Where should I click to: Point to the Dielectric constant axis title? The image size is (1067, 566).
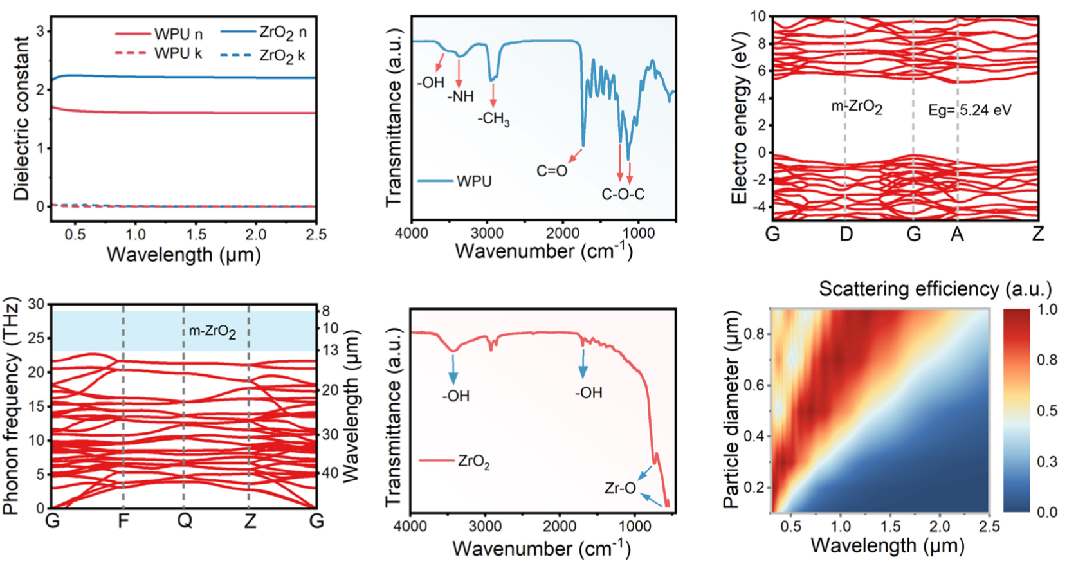(22, 118)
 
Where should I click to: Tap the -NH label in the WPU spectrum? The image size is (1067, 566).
(461, 96)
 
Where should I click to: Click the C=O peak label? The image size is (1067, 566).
(552, 171)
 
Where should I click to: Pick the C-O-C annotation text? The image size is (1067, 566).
(623, 194)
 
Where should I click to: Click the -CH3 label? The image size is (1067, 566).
(493, 119)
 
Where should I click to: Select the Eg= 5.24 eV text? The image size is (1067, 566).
(969, 110)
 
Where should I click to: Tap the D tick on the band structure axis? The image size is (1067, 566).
(846, 234)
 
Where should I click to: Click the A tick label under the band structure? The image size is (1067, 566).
(957, 234)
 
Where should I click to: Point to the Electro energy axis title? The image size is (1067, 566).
(739, 119)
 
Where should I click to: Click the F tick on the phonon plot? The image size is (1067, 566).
(123, 520)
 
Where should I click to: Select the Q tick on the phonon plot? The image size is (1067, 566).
(185, 520)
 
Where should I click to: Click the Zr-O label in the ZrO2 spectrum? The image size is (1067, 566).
(620, 488)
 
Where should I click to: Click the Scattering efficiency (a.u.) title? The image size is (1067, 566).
(935, 289)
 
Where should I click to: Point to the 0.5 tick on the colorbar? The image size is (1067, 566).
(1047, 410)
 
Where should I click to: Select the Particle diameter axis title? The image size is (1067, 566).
(731, 410)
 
